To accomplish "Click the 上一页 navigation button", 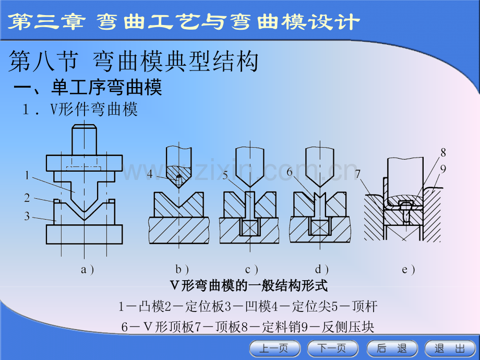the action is tap(275, 349).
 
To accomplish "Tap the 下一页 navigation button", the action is tap(332, 349).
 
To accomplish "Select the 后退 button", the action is tap(392, 349).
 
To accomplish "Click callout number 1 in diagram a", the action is tap(27, 175).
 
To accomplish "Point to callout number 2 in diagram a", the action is tap(27, 198).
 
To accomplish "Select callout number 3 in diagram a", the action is tap(27, 216).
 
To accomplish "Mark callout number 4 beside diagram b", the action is tap(150, 174).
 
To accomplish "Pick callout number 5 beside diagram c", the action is tap(225, 175).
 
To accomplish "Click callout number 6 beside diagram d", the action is tap(289, 172).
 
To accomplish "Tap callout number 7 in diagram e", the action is tap(358, 174).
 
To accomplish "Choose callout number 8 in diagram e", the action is tap(443, 152).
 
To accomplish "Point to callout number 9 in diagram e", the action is tap(443, 169).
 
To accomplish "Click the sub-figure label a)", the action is tap(88, 270).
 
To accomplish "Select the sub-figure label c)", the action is tap(251, 270).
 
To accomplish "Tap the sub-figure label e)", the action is tap(409, 270).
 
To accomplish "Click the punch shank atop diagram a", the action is tap(84, 140).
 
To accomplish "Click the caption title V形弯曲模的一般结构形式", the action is tap(248, 286).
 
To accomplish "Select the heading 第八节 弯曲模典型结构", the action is tap(134, 62).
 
